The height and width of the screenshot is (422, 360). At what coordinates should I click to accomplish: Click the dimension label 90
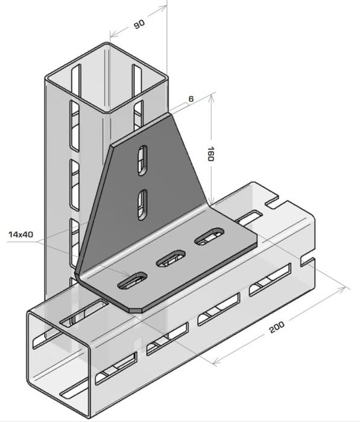point(139,24)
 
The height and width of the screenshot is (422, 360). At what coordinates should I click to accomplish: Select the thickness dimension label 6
point(191,99)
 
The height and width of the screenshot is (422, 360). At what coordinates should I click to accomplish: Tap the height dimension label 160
point(210,154)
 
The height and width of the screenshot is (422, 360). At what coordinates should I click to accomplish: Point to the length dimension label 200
point(277,327)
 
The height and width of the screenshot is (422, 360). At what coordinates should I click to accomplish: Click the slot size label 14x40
point(21,234)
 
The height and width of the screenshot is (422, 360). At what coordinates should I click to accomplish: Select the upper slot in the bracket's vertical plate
point(142,160)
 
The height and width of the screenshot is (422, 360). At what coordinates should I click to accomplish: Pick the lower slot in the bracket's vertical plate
point(142,204)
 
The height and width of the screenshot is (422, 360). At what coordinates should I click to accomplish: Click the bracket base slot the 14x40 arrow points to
point(133,282)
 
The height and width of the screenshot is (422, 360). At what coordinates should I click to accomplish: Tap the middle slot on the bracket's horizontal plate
point(171,259)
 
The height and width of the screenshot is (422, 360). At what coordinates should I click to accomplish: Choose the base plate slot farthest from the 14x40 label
point(209,236)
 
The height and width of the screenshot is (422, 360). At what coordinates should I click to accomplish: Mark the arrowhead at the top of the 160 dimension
point(211,98)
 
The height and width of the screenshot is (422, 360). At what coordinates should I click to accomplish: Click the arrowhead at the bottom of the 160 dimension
point(211,201)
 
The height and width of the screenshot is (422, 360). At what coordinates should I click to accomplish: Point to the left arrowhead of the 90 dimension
point(115,34)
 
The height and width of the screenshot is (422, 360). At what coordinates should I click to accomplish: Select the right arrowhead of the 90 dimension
point(162,8)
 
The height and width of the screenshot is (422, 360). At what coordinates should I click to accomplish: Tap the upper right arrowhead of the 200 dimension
point(341,290)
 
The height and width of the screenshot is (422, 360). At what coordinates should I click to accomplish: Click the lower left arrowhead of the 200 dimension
point(217,362)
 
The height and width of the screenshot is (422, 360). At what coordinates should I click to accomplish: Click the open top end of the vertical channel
point(107,78)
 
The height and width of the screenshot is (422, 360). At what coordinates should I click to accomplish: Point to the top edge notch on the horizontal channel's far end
point(272,203)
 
